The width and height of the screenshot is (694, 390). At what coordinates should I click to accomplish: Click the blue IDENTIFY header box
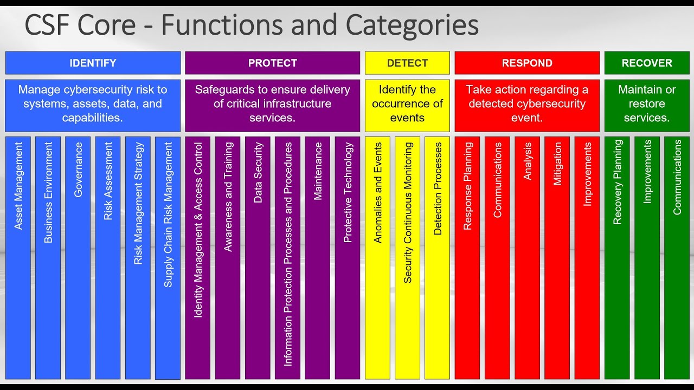coord(93,63)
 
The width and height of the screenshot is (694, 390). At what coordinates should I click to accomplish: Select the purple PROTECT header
coord(272,63)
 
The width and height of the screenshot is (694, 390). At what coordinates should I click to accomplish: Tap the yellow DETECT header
coord(407,63)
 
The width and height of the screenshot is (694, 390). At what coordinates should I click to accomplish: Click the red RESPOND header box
coord(527,63)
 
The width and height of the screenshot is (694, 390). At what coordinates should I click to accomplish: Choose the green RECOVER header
coord(647,63)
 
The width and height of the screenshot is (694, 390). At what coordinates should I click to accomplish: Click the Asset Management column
coord(18,257)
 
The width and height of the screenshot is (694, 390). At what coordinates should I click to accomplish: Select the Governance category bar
coord(78,257)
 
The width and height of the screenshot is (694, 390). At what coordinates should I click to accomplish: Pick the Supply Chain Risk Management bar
coord(168,257)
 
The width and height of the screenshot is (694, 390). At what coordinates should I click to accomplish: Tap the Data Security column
coord(258,257)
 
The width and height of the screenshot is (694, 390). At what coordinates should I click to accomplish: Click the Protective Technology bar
coord(348,257)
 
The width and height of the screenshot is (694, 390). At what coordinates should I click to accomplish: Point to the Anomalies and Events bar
coord(377,257)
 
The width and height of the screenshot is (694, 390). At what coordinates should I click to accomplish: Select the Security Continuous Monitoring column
coord(407,257)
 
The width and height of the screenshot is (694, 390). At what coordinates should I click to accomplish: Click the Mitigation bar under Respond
coord(557,257)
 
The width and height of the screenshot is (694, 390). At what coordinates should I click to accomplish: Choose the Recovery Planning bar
coord(617,257)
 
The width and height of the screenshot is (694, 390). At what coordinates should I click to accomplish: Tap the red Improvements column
coord(587,257)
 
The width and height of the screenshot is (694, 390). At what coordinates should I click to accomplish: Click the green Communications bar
coord(677,257)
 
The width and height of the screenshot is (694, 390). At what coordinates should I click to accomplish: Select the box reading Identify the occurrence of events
coord(407,104)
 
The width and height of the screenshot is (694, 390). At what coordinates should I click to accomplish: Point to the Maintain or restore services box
coord(647,104)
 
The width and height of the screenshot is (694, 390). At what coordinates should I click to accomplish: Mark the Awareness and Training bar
coord(228,257)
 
